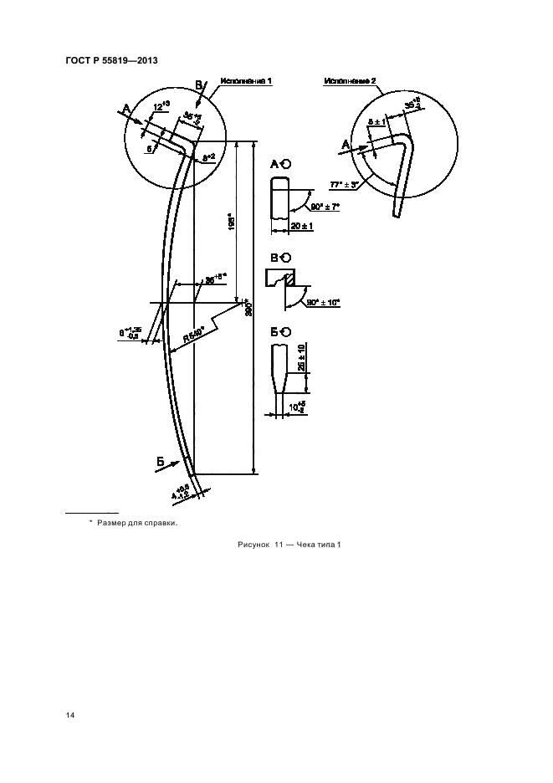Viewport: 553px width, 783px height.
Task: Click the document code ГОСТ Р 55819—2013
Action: click(x=110, y=62)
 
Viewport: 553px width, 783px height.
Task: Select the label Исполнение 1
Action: click(x=246, y=81)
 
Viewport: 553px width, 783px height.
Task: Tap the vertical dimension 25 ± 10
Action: click(x=300, y=359)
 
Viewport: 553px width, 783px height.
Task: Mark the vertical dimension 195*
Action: click(x=228, y=222)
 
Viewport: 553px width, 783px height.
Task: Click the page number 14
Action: click(x=70, y=715)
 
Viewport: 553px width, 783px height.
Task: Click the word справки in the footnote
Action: click(x=161, y=523)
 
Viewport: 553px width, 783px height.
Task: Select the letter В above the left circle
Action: click(x=199, y=84)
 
